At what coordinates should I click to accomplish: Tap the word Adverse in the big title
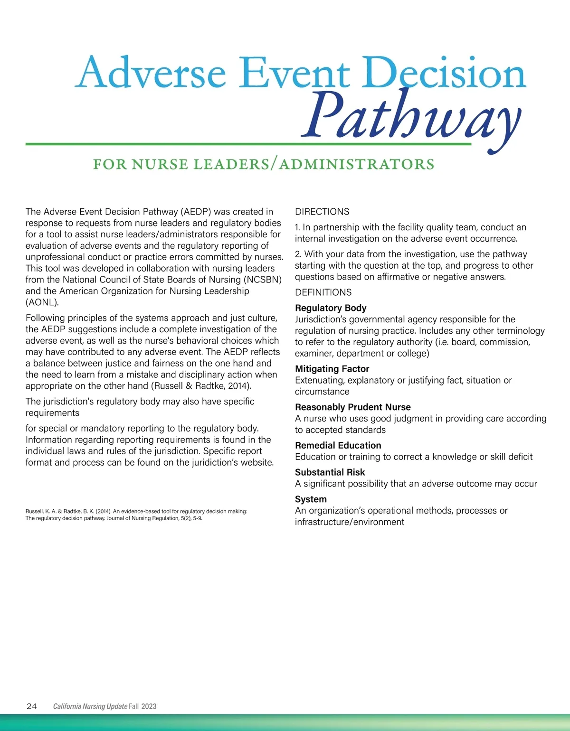click(150, 73)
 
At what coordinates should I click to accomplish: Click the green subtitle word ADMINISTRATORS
click(357, 164)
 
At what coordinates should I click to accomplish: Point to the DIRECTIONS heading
click(322, 212)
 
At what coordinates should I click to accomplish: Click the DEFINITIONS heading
click(323, 292)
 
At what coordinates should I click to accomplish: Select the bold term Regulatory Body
click(331, 308)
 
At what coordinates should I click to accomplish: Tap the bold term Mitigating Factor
click(332, 369)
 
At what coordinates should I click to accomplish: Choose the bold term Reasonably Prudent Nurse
click(352, 407)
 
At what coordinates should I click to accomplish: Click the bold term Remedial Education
click(338, 445)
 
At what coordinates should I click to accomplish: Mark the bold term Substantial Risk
click(330, 472)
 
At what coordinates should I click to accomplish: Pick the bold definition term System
click(311, 499)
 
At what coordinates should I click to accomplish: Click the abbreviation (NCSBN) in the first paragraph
click(263, 280)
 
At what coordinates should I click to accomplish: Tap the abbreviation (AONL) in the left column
click(42, 302)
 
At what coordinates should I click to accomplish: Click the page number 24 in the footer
click(32, 706)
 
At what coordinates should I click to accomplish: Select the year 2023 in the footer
click(149, 706)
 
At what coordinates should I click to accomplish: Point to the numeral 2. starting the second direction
click(298, 254)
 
